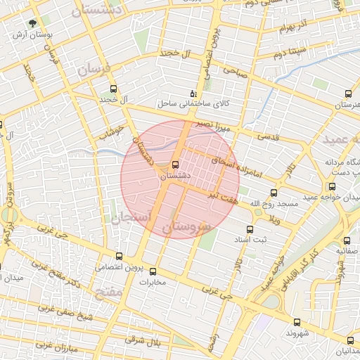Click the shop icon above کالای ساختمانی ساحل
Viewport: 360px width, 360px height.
click(x=193, y=93)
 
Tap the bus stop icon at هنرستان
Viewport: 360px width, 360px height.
click(x=348, y=94)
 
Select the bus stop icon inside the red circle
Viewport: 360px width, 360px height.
click(x=175, y=165)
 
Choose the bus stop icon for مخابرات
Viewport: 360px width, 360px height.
click(x=153, y=271)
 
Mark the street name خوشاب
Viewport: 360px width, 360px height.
click(x=111, y=131)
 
